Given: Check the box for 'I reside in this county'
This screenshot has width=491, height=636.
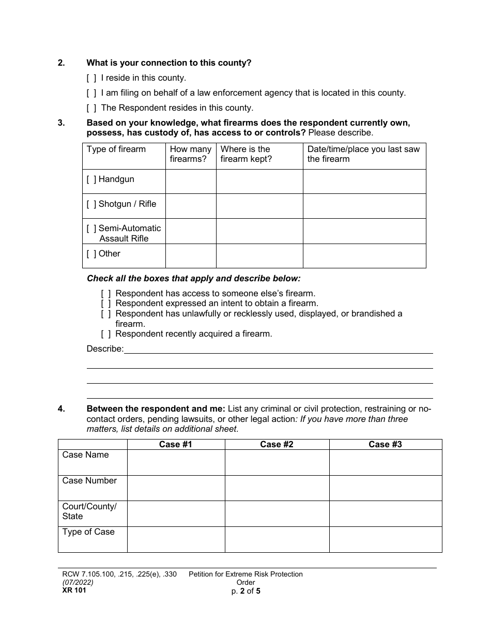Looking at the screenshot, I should tap(91, 78).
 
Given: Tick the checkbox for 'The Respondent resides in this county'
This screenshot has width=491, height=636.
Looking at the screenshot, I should tap(91, 108).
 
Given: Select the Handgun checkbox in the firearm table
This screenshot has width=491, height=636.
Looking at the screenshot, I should tap(91, 179).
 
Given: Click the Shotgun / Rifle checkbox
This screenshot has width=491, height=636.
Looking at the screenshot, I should tap(91, 204).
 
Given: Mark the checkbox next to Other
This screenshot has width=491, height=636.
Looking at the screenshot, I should tap(91, 254).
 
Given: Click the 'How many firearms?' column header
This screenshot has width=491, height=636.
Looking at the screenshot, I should tap(190, 154).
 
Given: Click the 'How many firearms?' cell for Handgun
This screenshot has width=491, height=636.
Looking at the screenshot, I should tap(190, 181).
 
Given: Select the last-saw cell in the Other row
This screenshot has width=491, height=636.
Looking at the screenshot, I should tap(364, 256).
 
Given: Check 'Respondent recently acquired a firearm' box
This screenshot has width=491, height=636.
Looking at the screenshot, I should tap(106, 334).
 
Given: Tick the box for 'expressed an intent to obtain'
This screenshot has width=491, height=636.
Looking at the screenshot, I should tap(106, 304).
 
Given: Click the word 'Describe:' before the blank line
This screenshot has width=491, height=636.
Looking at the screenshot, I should tap(105, 349).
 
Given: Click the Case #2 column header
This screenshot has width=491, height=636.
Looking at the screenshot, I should tap(277, 444).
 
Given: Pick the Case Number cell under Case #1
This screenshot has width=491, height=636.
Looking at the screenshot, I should tap(176, 488).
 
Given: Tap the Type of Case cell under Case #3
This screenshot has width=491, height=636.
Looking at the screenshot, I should tap(385, 539).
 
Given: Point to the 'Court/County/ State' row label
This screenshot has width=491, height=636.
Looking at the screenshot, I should tap(89, 511).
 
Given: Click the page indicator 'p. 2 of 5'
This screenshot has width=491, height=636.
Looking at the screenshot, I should tap(245, 590).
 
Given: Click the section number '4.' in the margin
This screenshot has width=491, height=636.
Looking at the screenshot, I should tap(62, 409).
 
